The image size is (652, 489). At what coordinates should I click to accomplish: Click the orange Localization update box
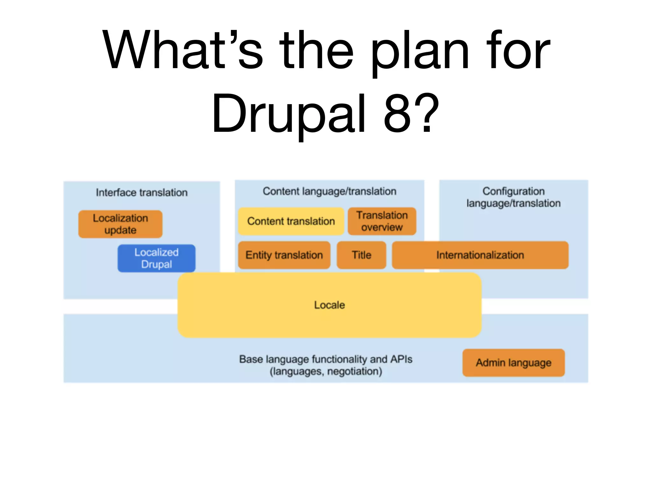point(120,224)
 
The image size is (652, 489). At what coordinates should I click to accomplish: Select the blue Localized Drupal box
point(156,258)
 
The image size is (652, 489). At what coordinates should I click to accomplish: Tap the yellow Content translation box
point(291,221)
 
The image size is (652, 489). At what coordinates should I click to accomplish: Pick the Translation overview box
point(382,221)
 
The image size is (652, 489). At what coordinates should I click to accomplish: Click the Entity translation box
point(284,255)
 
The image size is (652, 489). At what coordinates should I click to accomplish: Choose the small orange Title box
point(361,255)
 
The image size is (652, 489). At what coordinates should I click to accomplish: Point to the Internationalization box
point(480,255)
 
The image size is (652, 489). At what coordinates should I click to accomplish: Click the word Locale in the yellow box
point(330,305)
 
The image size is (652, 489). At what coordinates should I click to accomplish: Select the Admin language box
point(514,363)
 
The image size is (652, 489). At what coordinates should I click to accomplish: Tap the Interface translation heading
point(142,193)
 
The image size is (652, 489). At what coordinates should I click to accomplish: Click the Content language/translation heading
point(330,191)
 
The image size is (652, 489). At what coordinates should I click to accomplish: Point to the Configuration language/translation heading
point(514,197)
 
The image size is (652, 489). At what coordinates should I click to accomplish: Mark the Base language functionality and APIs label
point(326,359)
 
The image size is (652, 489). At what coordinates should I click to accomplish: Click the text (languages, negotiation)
point(326,372)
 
